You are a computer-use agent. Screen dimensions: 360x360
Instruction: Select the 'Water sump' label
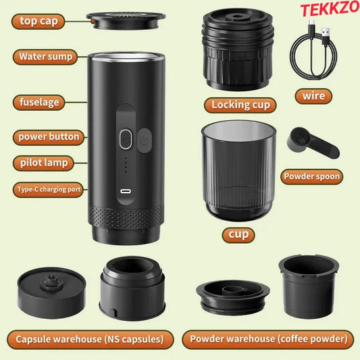[46, 57]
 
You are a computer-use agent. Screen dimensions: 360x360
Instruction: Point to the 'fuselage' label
[39, 103]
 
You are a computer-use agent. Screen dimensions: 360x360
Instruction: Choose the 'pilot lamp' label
[42, 163]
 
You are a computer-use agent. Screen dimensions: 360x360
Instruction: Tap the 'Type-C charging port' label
[48, 190]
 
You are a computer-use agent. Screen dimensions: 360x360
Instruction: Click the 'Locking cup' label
[240, 105]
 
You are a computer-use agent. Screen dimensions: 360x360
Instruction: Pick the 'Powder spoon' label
[311, 177]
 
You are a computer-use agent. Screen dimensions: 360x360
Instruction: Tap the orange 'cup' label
[240, 235]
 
